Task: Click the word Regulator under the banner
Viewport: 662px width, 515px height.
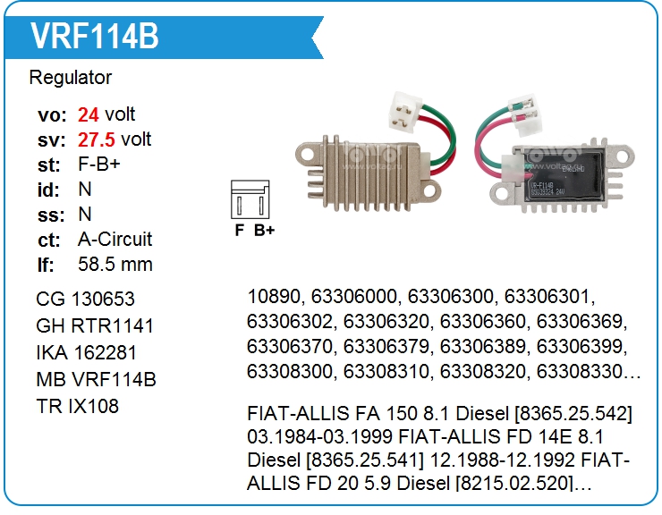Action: coord(71,78)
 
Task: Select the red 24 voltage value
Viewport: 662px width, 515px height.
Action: coord(88,114)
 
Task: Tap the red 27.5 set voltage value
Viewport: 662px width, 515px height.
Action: coord(97,139)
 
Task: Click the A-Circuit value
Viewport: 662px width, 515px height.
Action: coord(115,240)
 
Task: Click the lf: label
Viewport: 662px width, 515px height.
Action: coord(46,265)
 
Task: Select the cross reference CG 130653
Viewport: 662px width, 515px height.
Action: coord(86,300)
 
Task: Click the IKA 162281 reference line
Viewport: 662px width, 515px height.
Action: coord(87,353)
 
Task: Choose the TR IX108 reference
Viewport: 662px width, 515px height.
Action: coord(77,407)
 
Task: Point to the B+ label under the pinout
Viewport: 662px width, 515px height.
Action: coord(264,229)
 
